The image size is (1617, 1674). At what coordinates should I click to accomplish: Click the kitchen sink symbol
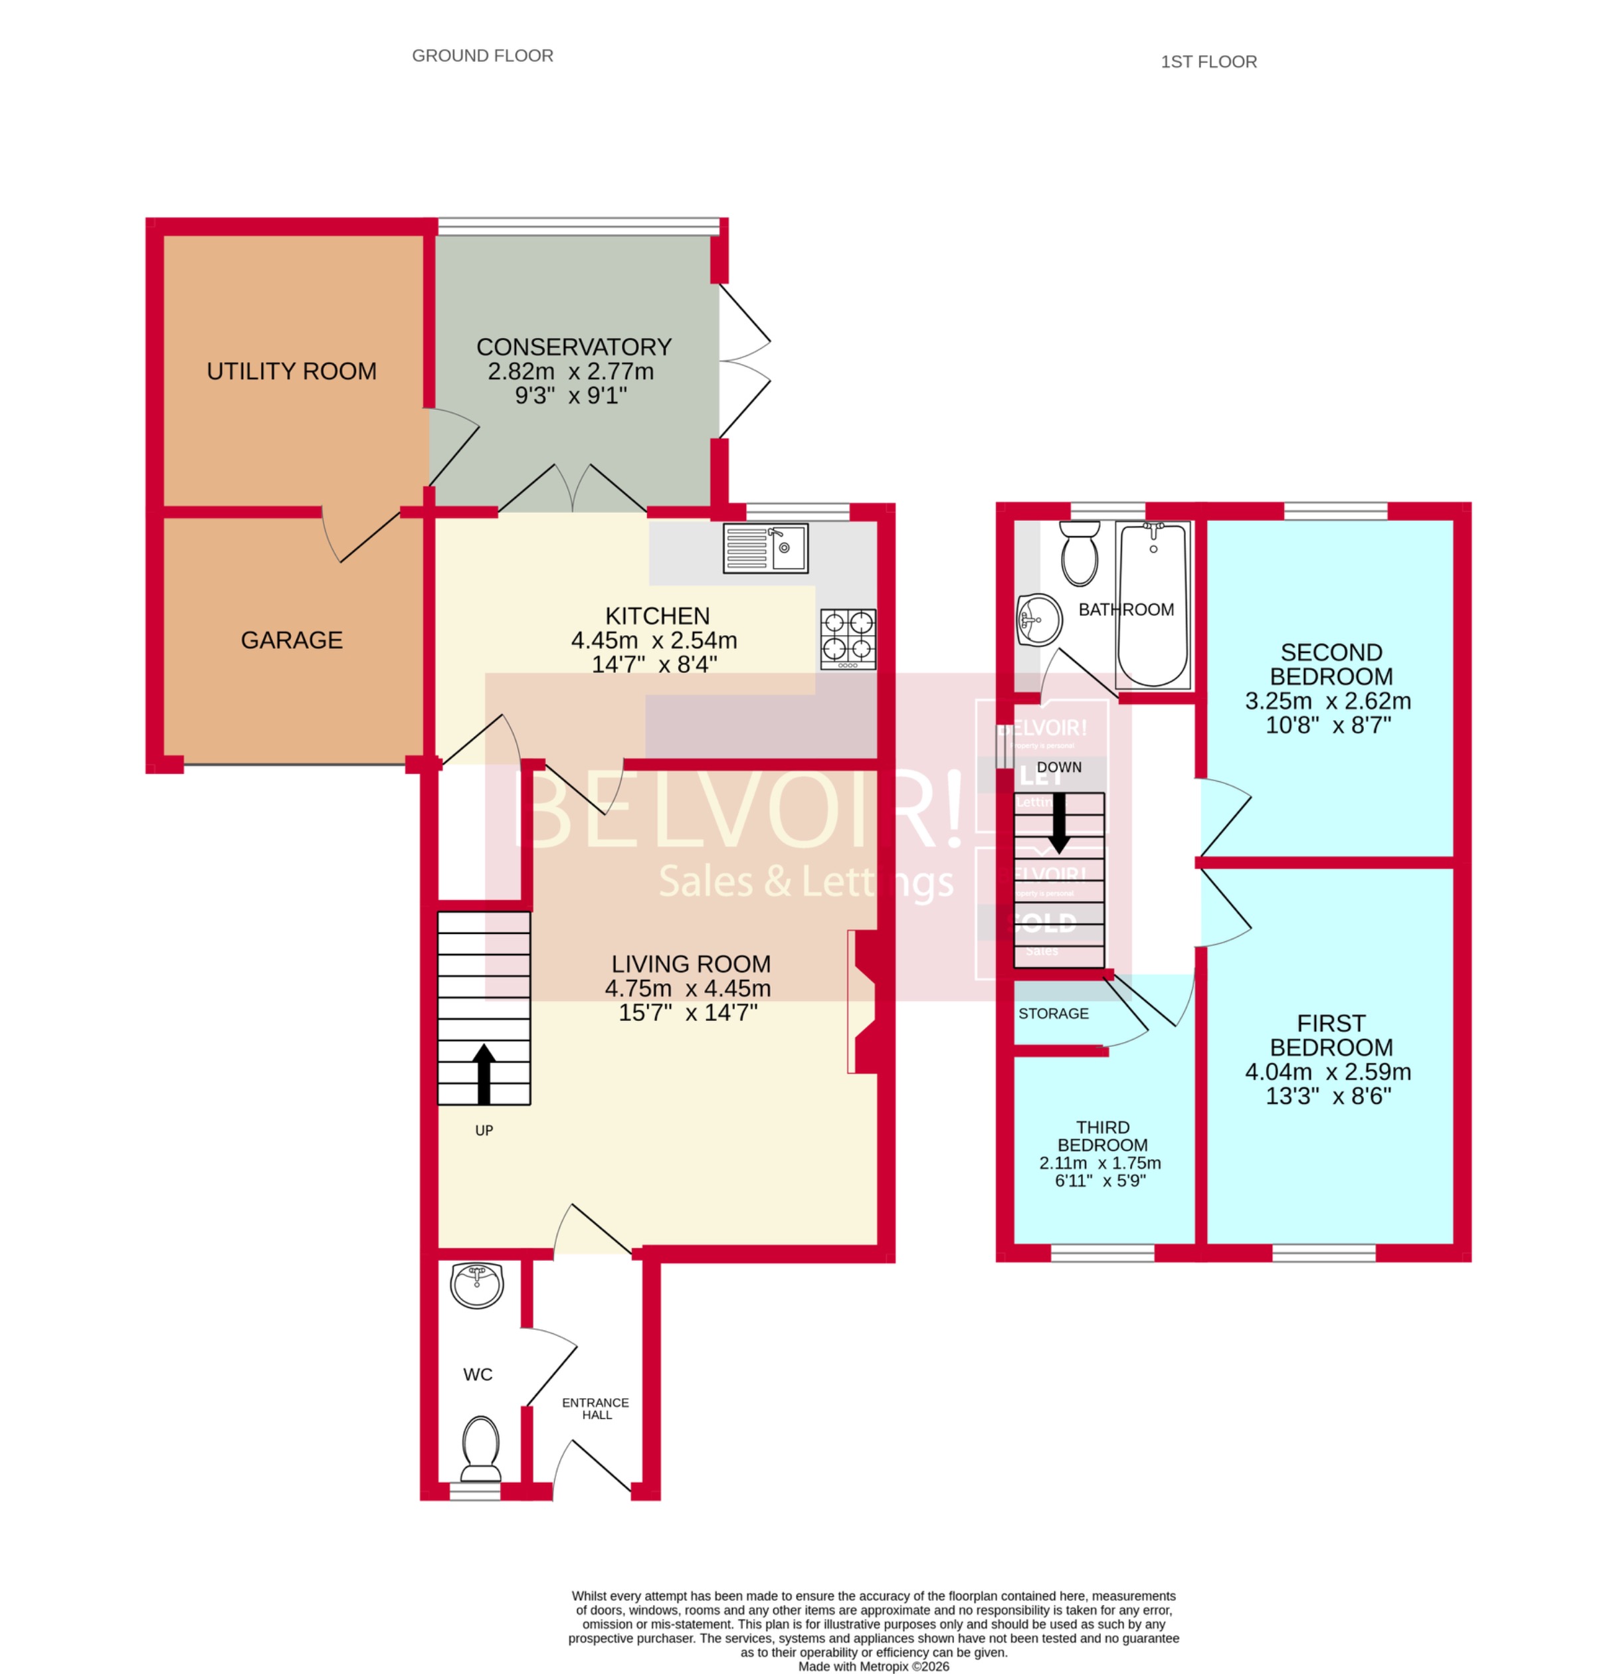765,547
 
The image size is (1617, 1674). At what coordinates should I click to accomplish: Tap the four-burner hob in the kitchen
848,639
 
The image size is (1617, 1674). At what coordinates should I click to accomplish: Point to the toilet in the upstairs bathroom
1079,553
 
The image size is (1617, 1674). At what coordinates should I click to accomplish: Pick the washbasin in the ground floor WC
476,1285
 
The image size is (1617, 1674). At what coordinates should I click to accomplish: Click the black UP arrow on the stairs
484,1073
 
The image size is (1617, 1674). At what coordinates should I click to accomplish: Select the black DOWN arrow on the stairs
1058,822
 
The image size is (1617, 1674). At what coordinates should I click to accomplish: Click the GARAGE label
291,640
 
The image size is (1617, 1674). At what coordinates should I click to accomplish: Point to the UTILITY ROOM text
291,371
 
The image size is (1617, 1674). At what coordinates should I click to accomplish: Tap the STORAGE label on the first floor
1052,1013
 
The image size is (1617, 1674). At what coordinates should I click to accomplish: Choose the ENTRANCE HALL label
595,1408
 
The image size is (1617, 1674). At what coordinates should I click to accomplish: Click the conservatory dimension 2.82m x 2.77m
571,371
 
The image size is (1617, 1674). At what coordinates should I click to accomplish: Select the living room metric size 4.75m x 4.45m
688,988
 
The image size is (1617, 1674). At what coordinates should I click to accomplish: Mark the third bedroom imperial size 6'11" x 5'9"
1099,1180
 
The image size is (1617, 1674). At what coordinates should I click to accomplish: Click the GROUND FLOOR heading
482,56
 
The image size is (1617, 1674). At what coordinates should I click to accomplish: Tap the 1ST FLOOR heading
1208,62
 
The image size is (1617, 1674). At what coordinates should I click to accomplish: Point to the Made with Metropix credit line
873,1665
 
